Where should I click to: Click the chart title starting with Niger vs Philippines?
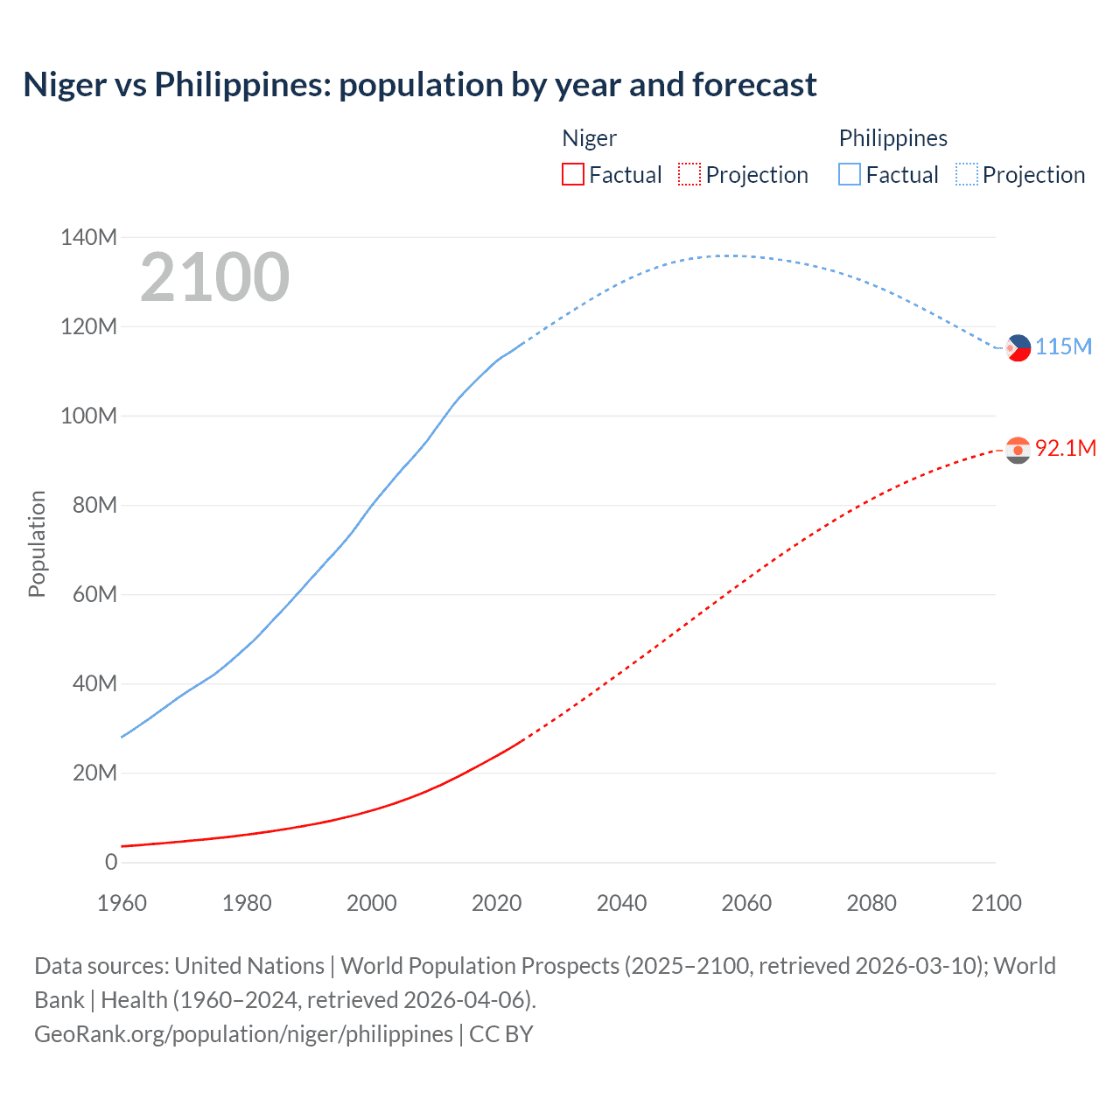(420, 85)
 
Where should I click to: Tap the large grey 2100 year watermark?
(214, 277)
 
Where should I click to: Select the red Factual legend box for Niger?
(572, 174)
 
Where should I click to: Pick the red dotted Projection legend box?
(689, 174)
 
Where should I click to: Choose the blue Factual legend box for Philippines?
(850, 174)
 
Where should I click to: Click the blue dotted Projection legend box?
(967, 174)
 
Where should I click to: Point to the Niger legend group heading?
(589, 138)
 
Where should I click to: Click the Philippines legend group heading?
(892, 138)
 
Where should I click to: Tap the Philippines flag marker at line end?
(1018, 348)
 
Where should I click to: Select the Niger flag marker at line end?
(1018, 450)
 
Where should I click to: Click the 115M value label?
(1063, 346)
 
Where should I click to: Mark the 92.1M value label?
(1065, 448)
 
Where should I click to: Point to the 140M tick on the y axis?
(88, 237)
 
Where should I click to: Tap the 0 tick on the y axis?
(111, 862)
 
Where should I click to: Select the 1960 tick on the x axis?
(122, 903)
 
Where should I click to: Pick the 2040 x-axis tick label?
(621, 903)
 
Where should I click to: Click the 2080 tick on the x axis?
(871, 903)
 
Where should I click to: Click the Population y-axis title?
(37, 543)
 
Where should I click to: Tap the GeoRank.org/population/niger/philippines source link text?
(243, 1034)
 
